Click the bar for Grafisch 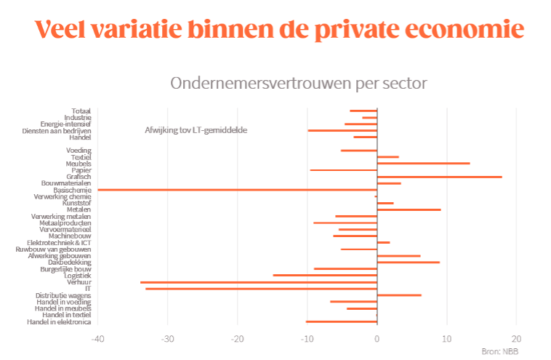(439, 177)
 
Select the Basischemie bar (237, 190)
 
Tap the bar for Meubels (423, 164)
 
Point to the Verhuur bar (258, 282)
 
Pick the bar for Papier (343, 170)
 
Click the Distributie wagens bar (399, 295)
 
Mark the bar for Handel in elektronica (341, 321)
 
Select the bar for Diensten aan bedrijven (342, 131)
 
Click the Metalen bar (409, 209)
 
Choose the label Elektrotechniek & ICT (59, 242)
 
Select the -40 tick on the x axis (98, 338)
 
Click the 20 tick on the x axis (516, 338)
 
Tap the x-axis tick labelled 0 (377, 338)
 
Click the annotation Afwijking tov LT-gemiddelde (196, 130)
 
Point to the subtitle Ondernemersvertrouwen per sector (298, 83)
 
